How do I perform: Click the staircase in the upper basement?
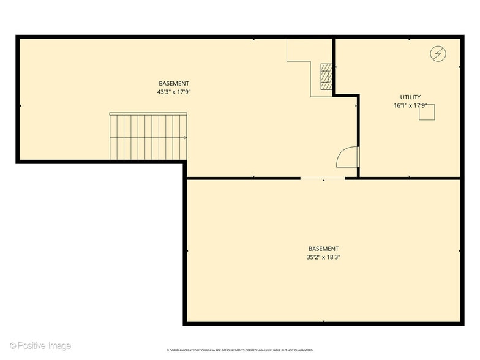[148, 137]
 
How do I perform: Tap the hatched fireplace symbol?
[327, 77]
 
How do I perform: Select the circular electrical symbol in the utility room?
[437, 53]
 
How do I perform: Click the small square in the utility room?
[427, 112]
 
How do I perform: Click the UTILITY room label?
[410, 97]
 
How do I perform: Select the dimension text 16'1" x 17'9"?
[410, 105]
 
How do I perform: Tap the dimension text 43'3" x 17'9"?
[174, 92]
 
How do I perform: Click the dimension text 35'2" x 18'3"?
[323, 257]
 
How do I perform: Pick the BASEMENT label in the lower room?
[323, 249]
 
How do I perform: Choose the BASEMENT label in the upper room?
[174, 83]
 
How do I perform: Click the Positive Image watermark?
[40, 346]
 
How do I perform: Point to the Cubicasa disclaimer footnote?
[240, 350]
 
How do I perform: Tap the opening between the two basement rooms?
[323, 178]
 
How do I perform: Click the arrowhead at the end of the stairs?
[185, 138]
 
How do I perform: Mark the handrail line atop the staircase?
[148, 113]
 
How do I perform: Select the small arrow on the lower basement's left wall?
[187, 250]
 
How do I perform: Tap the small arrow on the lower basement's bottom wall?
[323, 321]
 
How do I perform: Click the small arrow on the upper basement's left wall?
[21, 106]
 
